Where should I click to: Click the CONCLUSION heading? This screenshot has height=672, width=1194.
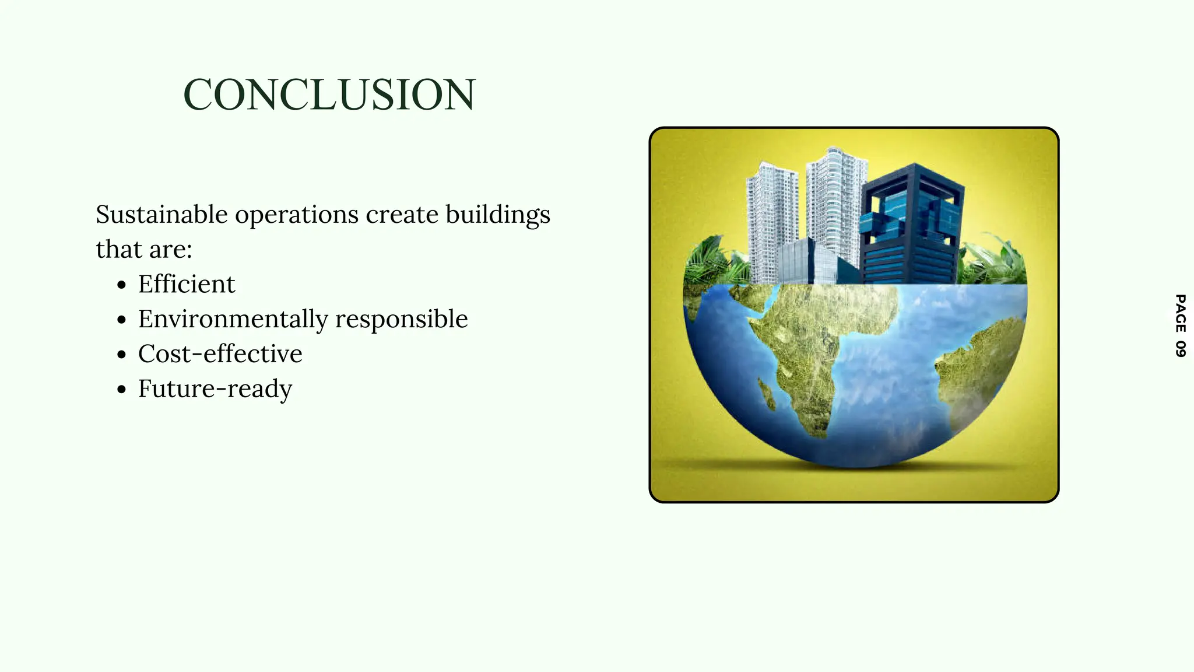point(329,94)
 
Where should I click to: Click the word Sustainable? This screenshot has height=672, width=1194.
point(161,215)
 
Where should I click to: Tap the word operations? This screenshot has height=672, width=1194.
point(297,215)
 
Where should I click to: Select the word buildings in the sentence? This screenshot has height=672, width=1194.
point(497,215)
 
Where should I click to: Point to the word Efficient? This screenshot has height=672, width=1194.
point(187,285)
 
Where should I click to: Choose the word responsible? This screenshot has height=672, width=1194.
point(401,319)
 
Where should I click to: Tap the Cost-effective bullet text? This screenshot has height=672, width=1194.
point(220,354)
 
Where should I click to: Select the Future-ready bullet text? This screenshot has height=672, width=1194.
point(215,389)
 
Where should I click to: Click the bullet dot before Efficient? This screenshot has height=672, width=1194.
point(121,286)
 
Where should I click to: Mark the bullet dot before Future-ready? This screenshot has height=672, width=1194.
point(121,390)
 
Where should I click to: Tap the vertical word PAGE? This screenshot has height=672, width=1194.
point(1180,313)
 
